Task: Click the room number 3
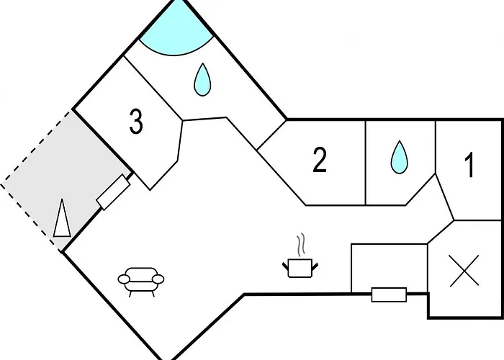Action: pos(136,121)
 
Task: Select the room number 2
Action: pos(320,160)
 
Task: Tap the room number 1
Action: pos(469,165)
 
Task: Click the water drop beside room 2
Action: pos(399,157)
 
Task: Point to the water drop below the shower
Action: pos(202,79)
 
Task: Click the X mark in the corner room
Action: pos(464,271)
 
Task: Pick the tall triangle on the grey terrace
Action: pos(62,219)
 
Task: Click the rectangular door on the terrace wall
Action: pos(114,192)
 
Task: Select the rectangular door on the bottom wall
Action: pos(389,294)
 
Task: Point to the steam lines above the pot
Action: pos(300,245)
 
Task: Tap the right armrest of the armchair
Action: pos(158,279)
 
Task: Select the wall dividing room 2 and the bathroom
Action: pos(366,163)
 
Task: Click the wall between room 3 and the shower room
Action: pos(153,88)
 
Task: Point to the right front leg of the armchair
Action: pos(153,294)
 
